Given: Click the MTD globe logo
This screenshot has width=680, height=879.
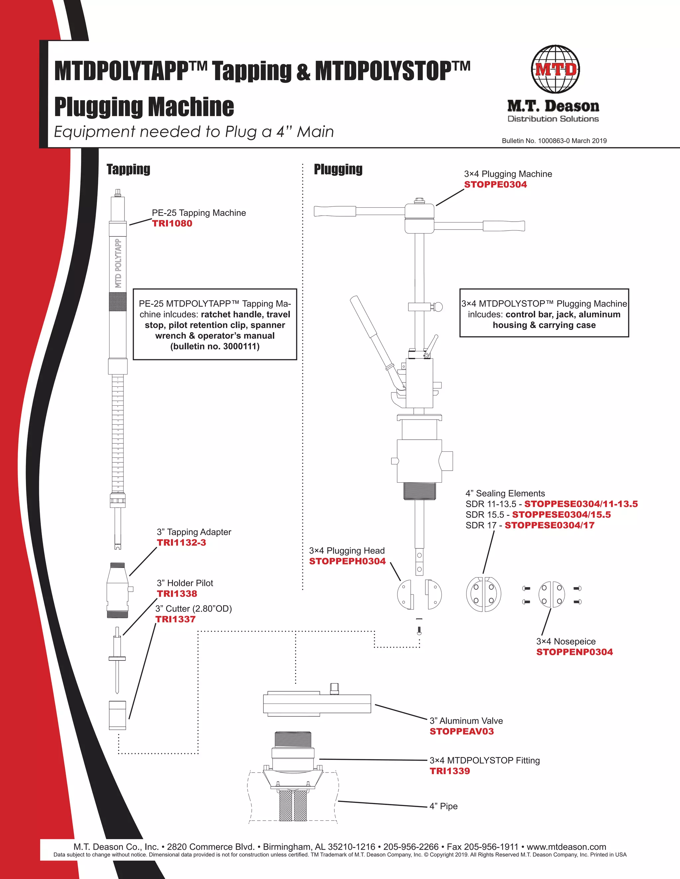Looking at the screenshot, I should pos(555,69).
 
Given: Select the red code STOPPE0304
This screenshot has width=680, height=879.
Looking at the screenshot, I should pos(495,185).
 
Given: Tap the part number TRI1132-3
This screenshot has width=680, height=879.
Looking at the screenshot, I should pos(181,543).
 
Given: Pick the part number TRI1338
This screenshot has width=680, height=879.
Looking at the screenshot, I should pos(177,594).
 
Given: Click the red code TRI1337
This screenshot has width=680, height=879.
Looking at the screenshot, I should pos(175,619).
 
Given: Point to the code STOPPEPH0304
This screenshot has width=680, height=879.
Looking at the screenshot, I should pos(347,562).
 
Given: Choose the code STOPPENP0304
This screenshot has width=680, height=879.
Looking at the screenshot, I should pos(574,652).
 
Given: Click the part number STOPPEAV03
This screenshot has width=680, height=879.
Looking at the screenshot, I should pos(461,731).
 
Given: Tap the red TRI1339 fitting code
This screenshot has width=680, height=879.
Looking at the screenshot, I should pos(450,771).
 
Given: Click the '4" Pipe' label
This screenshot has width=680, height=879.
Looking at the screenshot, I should pos(443,806).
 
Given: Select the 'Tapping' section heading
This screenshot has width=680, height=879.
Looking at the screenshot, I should pos(128,169).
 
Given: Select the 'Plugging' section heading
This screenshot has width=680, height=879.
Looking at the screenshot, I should pos(338,169).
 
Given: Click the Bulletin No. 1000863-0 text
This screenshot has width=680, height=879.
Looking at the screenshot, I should pos(554,141).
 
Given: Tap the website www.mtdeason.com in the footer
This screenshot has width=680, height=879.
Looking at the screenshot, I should pos(566,847).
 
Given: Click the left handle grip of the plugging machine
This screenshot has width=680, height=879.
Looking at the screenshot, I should pos(335,211).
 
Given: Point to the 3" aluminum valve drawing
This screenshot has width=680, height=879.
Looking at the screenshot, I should pos(317,703).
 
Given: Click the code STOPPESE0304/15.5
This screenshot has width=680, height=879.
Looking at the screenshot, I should pos(561,515).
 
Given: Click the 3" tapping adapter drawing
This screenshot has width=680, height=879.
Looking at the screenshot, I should pos(118,590).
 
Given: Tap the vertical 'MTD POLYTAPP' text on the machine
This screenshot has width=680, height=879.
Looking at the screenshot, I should pos(118,264).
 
